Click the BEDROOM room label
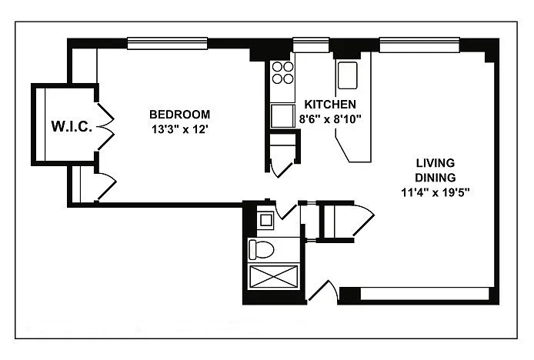tap(180, 114)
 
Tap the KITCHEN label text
tap(330, 104)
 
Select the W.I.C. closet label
tap(72, 126)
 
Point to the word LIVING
tap(436, 163)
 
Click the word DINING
tap(436, 178)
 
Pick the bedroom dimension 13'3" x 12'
tap(180, 129)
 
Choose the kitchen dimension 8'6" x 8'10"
tap(330, 119)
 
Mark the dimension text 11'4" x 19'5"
tap(436, 193)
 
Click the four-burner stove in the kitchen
tap(282, 72)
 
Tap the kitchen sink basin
tap(347, 75)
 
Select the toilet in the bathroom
tap(261, 250)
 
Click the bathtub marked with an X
tap(273, 277)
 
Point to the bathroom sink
tap(265, 220)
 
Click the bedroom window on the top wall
tap(167, 43)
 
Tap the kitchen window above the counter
tap(311, 45)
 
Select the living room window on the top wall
tap(419, 45)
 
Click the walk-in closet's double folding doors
tap(105, 127)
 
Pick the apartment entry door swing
tap(323, 291)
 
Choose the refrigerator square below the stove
tap(282, 116)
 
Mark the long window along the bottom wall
tap(425, 294)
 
